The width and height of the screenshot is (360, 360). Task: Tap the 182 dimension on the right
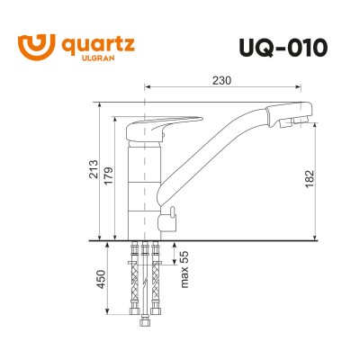click(x=309, y=178)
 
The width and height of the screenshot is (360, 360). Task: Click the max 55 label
click(x=182, y=269)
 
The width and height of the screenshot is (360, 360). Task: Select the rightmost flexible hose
click(x=156, y=270)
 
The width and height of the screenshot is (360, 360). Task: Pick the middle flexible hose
click(x=145, y=279)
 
